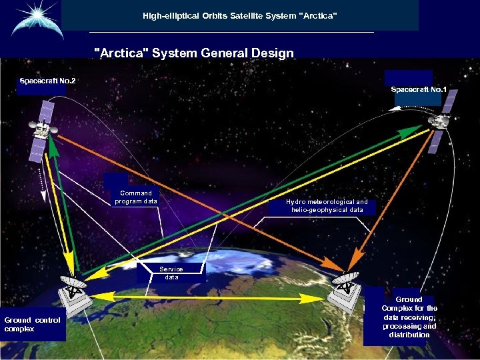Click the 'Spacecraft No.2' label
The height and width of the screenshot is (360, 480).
(47, 81)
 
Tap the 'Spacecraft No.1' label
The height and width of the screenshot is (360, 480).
(419, 89)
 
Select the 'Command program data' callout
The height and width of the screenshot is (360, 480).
(136, 197)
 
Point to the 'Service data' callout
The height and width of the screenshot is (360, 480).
(171, 272)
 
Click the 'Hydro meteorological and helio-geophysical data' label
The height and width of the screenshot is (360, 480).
(327, 205)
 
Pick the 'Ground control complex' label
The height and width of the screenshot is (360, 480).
(33, 325)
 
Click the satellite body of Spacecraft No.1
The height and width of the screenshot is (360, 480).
(440, 121)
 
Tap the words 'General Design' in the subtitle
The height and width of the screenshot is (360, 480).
(257, 53)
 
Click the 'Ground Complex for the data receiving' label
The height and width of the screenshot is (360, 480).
(409, 317)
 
